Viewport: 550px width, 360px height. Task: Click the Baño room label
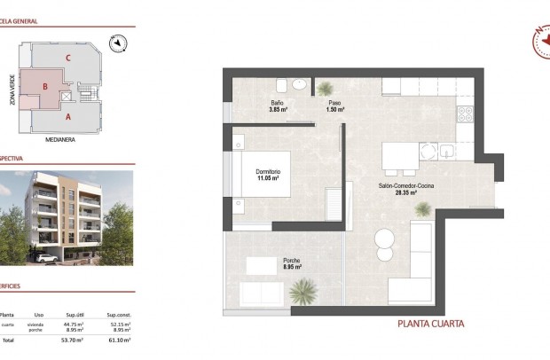(278, 103)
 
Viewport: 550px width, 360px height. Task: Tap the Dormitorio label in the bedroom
(268, 171)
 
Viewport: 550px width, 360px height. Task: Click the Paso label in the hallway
(334, 103)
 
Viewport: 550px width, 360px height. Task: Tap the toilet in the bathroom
(281, 85)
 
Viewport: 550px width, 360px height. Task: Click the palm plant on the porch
(304, 290)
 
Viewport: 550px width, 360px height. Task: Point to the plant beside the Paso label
(327, 88)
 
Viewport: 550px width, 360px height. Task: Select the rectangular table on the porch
(262, 264)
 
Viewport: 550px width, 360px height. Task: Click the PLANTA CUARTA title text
(430, 325)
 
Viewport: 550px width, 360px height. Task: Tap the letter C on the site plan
(67, 59)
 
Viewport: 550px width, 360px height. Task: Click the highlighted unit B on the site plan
(43, 87)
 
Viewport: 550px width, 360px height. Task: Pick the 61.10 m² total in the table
(119, 340)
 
